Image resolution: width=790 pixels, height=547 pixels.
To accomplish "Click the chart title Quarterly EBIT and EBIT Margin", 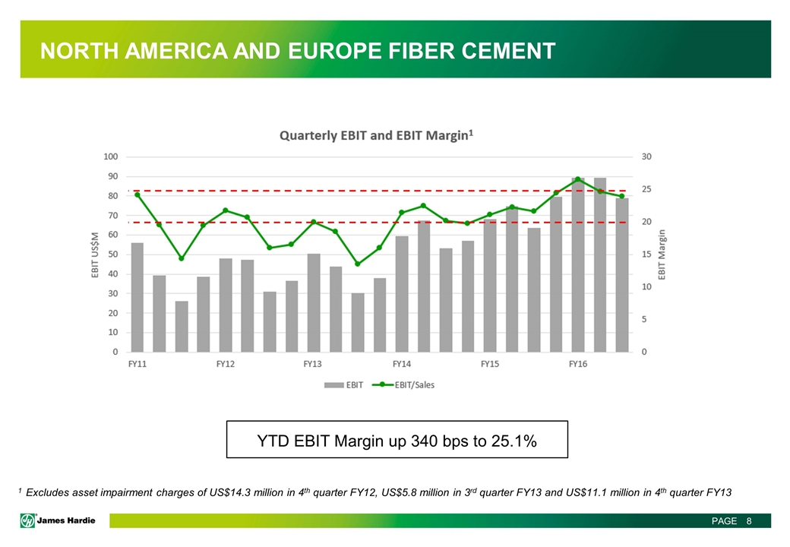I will click(x=376, y=136).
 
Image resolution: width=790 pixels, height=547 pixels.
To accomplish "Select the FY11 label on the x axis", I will click(x=137, y=364).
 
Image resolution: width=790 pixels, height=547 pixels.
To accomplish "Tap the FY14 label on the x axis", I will click(x=402, y=364).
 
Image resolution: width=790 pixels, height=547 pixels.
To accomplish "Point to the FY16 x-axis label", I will click(x=578, y=364).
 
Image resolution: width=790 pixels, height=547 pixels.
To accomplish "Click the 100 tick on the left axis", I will click(x=110, y=157).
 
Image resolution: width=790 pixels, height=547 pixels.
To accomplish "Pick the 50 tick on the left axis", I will click(x=112, y=255).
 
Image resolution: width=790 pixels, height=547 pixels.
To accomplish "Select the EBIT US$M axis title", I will click(x=96, y=255).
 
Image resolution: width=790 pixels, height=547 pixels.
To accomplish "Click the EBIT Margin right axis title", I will click(x=661, y=255).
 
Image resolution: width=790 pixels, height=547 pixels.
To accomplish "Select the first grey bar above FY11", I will click(x=137, y=298).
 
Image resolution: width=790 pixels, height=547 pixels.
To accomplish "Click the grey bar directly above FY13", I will click(x=314, y=302).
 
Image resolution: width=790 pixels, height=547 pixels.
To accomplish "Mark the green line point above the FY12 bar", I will click(x=225, y=210).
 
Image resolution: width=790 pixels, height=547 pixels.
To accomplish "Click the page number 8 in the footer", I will click(x=749, y=521).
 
